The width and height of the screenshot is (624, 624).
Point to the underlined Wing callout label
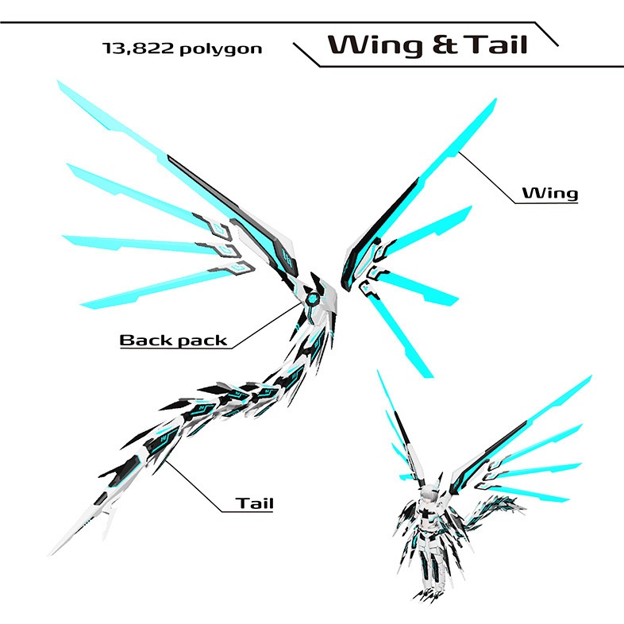[549, 193]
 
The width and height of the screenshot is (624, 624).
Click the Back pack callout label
[173, 341]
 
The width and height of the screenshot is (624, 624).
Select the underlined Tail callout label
[254, 503]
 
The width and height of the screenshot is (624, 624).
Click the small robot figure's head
[431, 496]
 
